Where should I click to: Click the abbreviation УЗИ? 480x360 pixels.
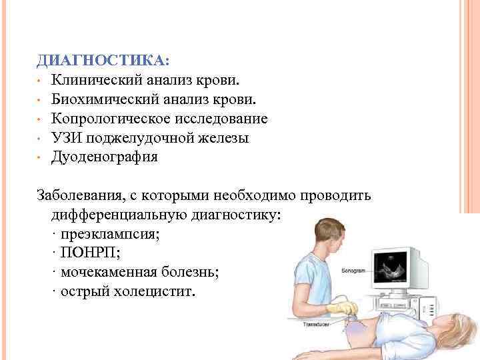click(66, 138)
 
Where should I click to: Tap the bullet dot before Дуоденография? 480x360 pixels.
click(41, 158)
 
